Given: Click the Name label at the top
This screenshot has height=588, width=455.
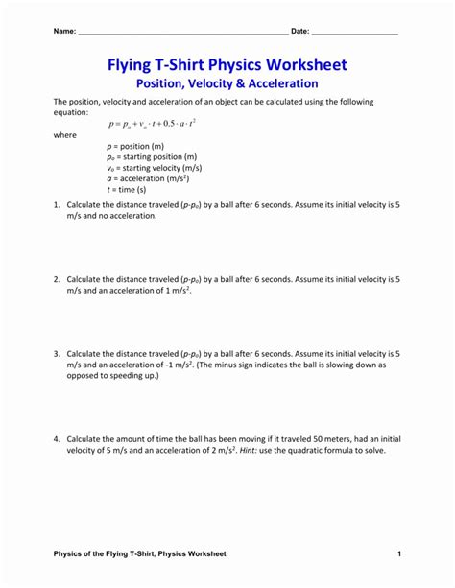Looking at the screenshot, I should tap(63, 32).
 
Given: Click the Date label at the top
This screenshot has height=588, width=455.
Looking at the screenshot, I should tap(299, 32).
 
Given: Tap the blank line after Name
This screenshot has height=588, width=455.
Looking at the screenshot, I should tap(182, 35).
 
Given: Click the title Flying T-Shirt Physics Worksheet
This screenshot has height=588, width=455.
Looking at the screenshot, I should tap(227, 65).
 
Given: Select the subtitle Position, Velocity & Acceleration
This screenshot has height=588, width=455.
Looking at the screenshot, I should tap(227, 84).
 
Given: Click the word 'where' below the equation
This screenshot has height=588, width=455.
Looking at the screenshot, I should tap(64, 135).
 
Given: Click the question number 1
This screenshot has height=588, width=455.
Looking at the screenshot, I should tap(57, 204).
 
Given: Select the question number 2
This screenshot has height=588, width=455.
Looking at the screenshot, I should tap(57, 278).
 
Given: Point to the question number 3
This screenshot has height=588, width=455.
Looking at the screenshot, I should tap(57, 353).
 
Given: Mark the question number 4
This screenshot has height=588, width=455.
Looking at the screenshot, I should tap(57, 438).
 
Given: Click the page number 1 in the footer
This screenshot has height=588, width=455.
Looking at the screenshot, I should tap(397, 553).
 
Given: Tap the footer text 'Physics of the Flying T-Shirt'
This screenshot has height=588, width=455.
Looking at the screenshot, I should tap(109, 553).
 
